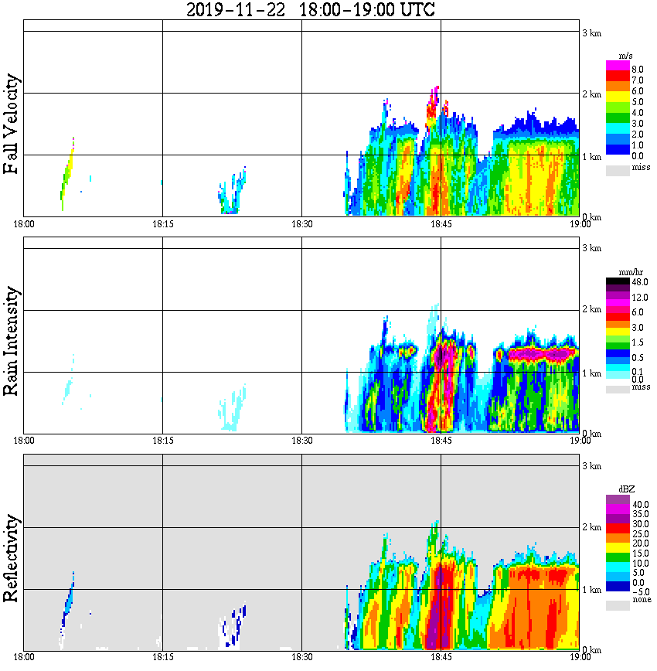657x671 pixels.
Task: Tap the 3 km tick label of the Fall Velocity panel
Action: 591,32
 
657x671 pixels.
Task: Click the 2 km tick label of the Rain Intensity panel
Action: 591,310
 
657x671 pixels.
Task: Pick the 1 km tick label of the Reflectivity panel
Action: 591,591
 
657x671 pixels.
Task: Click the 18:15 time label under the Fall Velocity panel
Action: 162,224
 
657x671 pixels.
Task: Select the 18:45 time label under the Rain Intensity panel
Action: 441,441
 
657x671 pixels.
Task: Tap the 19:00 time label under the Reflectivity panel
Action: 580,658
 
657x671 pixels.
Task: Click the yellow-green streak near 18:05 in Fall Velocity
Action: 67,174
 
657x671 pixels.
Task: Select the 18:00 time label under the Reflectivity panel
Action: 24,658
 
